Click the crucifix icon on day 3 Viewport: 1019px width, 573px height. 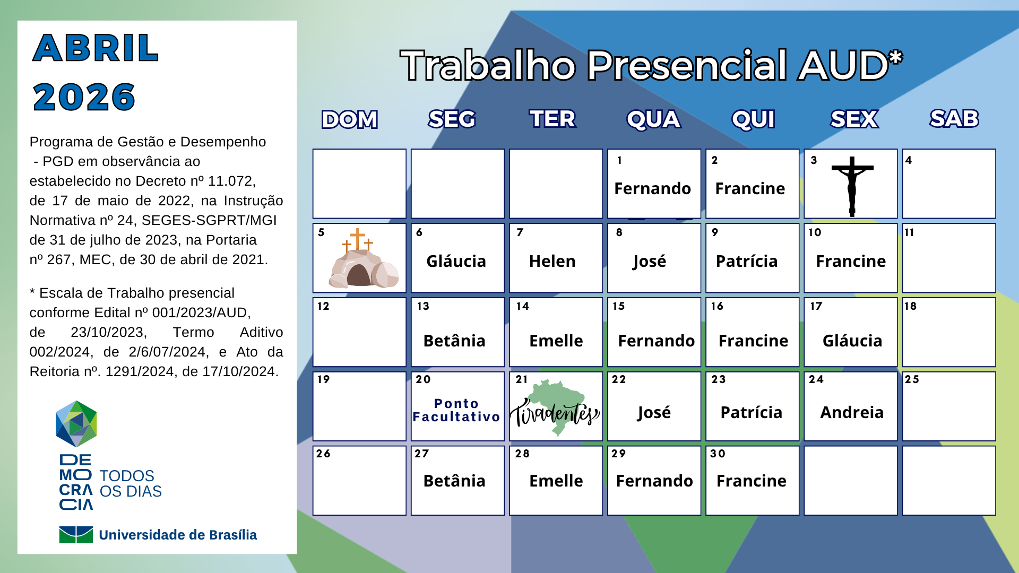click(852, 186)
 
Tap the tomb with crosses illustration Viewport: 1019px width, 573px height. click(363, 258)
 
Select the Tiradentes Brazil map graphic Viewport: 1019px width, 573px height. click(555, 407)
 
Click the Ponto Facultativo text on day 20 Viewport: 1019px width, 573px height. click(456, 410)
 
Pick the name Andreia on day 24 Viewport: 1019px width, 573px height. click(852, 412)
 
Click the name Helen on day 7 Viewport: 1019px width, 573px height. click(552, 261)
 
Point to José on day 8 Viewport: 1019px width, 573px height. click(649, 262)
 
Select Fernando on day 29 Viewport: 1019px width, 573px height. click(654, 481)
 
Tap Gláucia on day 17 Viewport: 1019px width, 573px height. click(852, 341)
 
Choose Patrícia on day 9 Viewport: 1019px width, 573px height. click(747, 261)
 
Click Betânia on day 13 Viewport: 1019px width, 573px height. click(454, 341)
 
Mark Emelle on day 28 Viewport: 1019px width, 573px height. click(556, 481)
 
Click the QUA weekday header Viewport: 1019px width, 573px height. click(653, 119)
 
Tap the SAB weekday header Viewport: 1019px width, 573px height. click(954, 119)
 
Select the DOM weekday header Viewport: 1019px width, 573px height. click(350, 119)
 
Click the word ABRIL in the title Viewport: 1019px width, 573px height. click(96, 48)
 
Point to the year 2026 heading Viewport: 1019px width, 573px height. click(84, 97)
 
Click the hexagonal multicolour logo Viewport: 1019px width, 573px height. click(76, 423)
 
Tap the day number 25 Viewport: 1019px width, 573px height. click(912, 379)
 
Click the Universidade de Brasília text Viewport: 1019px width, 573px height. click(178, 535)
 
